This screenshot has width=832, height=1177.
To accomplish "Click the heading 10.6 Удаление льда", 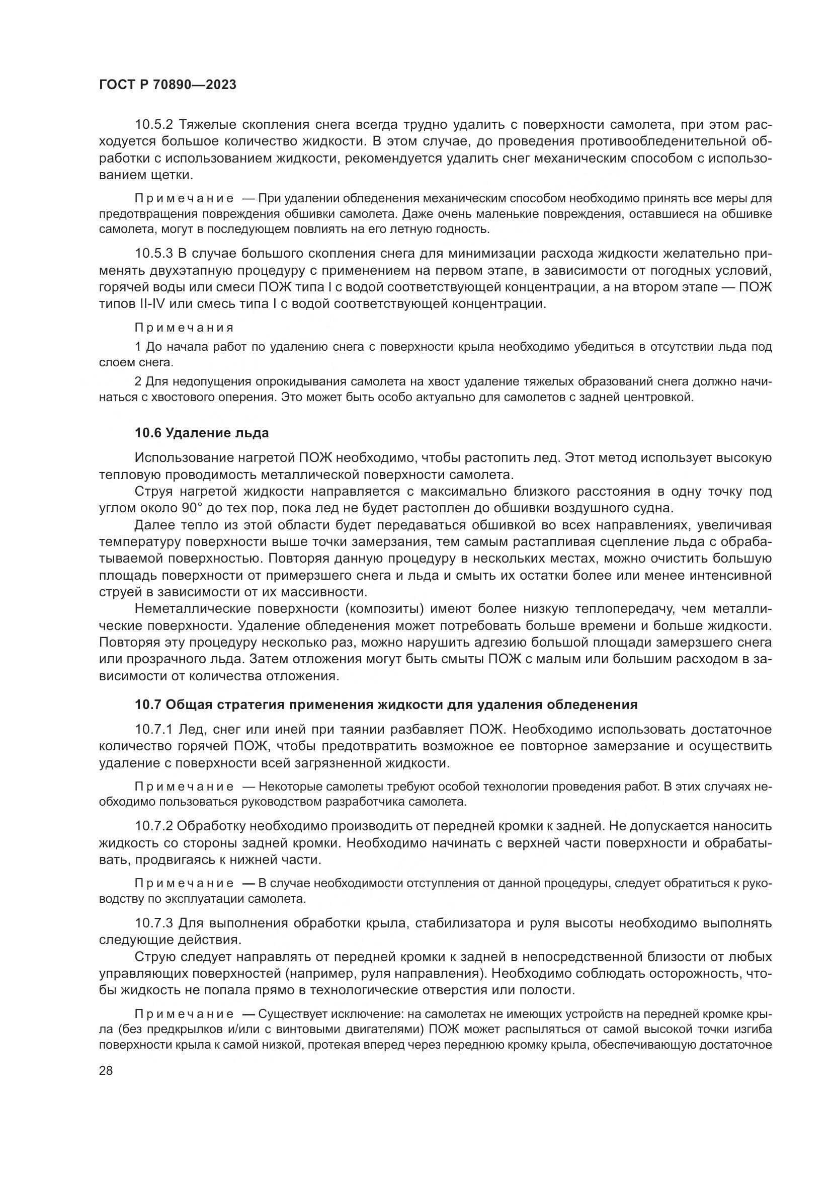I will pos(201,433).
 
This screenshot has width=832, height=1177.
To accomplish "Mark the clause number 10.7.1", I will pos(154,729).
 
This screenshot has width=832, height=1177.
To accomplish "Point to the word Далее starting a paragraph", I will pos(154,525).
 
